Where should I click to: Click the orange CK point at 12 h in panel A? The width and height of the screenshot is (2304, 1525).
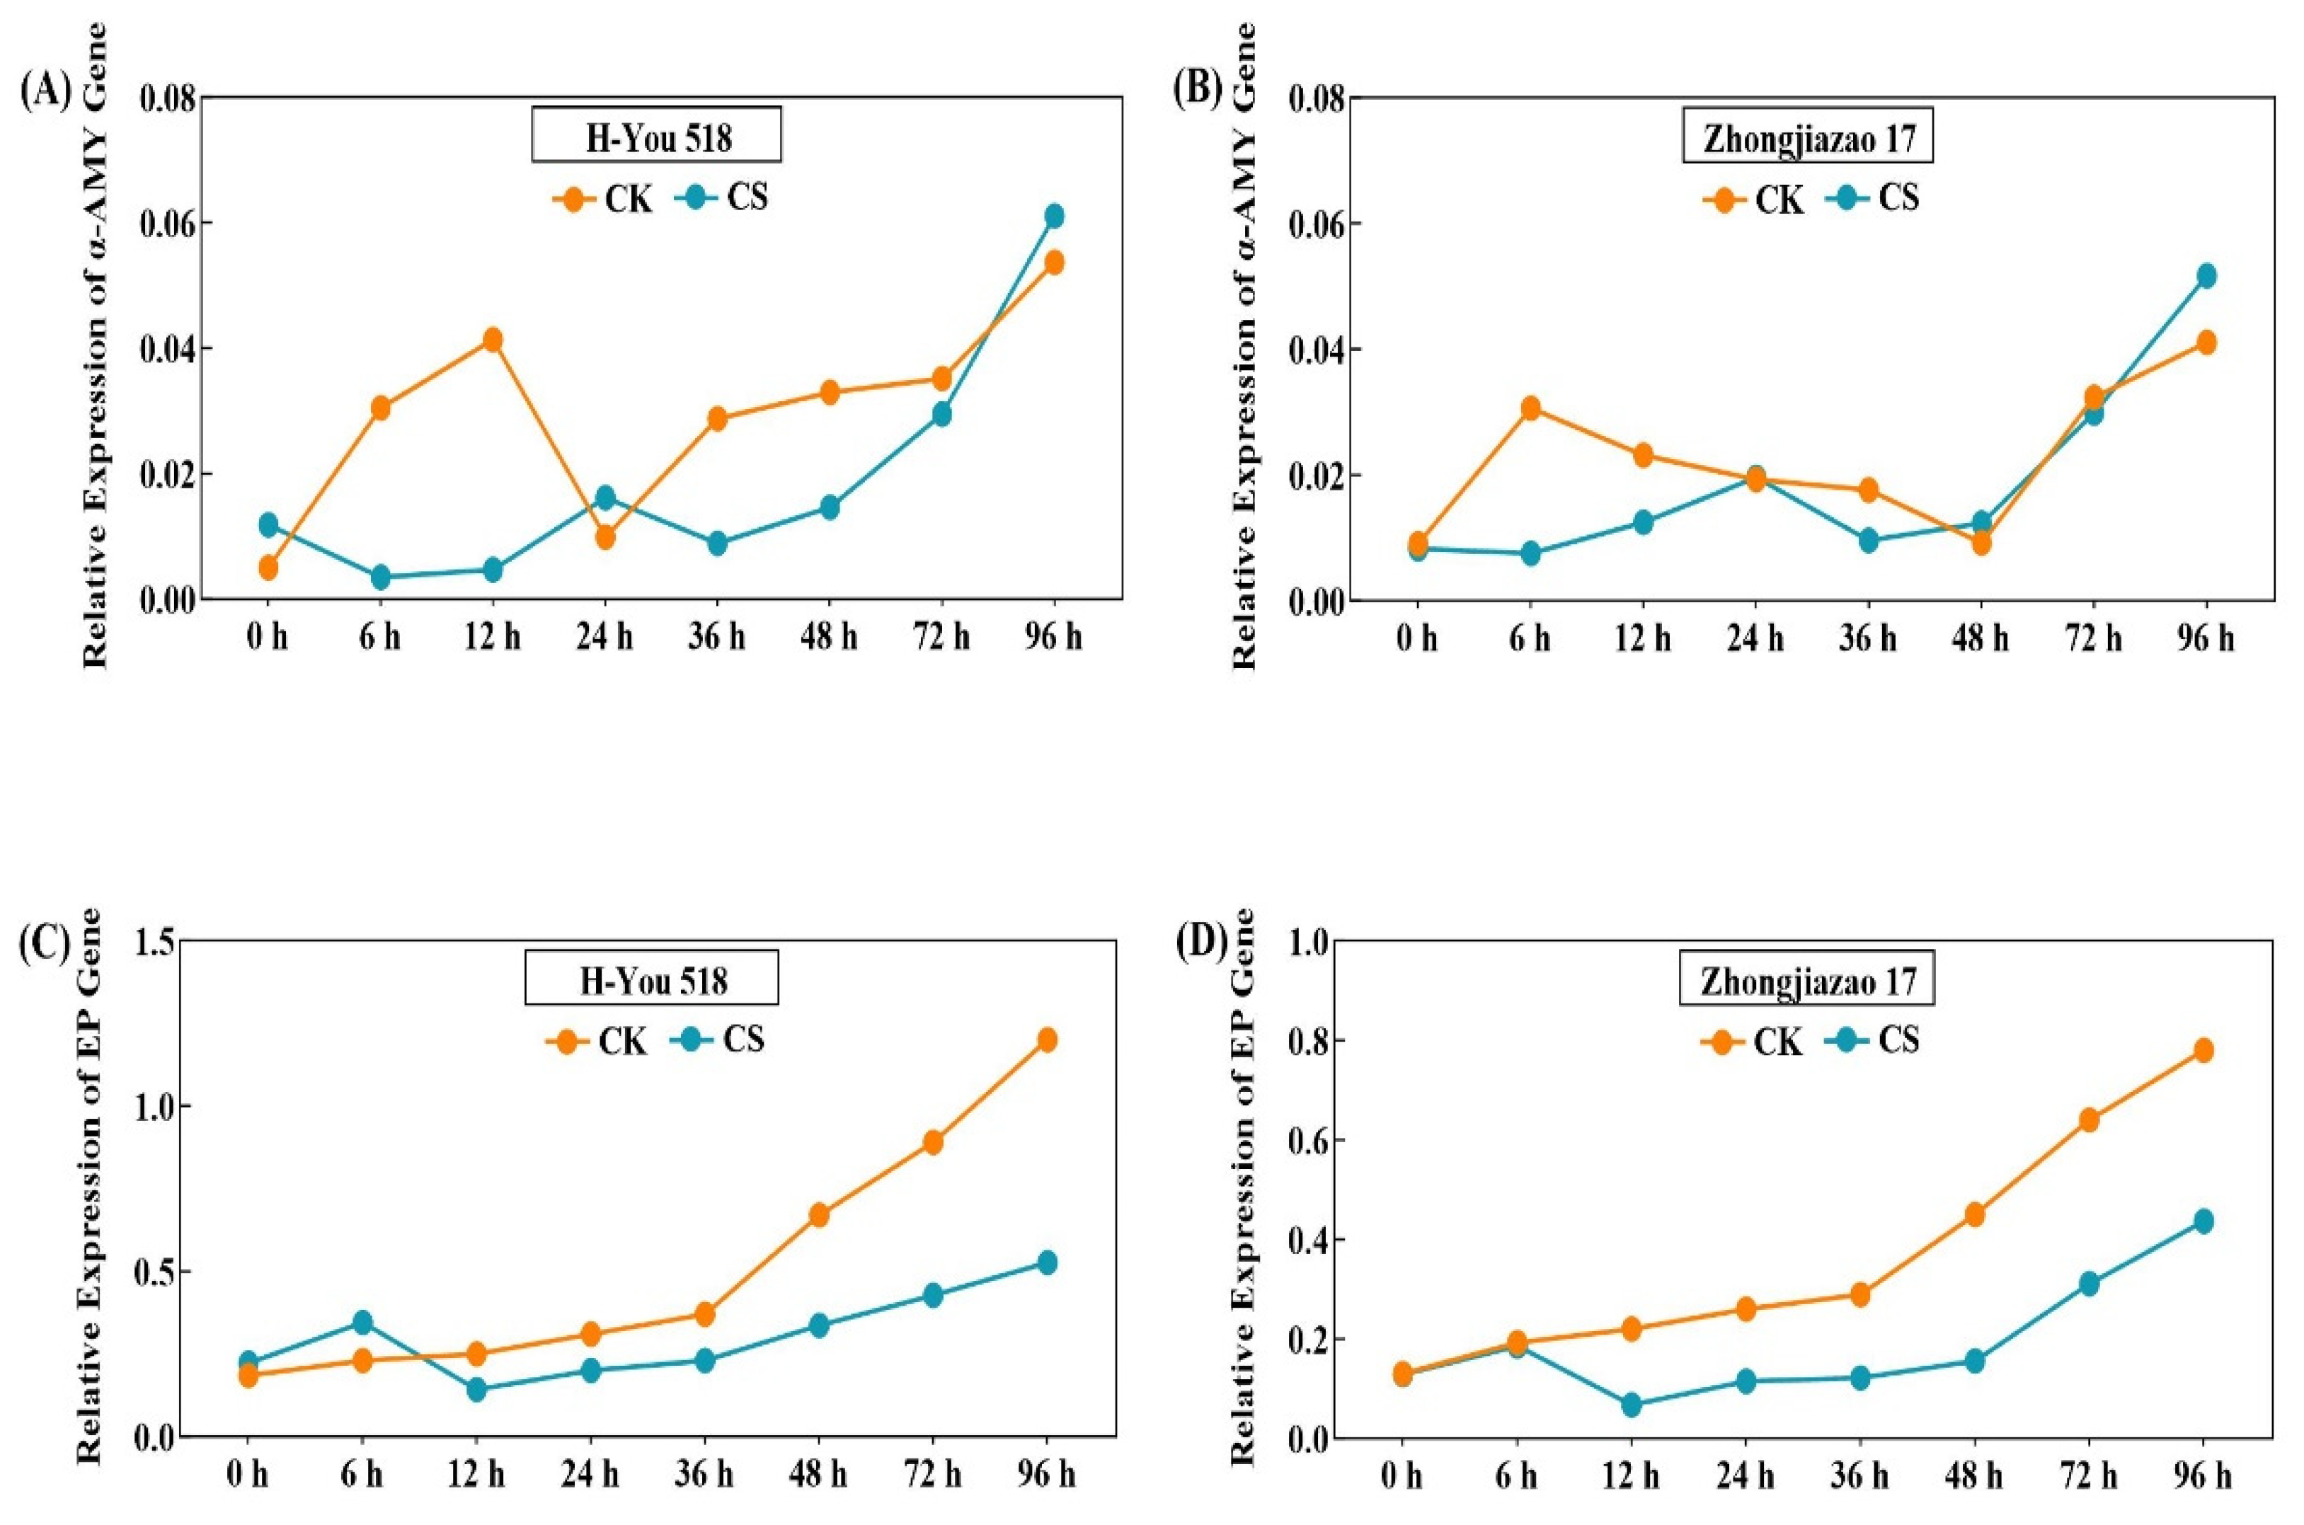point(492,340)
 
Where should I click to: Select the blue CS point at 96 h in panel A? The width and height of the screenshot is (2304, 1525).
point(1054,216)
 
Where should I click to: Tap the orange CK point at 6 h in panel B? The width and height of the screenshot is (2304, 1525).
point(1530,408)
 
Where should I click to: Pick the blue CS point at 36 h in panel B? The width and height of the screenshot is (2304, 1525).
point(1868,541)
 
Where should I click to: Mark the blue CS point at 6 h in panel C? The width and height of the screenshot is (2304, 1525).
point(362,1322)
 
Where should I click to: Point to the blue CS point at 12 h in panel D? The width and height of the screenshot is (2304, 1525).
point(1631,1405)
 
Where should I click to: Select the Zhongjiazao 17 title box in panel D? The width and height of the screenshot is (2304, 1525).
point(1808,982)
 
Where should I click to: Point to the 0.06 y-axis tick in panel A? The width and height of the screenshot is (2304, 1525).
point(166,224)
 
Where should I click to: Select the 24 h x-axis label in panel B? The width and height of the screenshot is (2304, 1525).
point(1755,639)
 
